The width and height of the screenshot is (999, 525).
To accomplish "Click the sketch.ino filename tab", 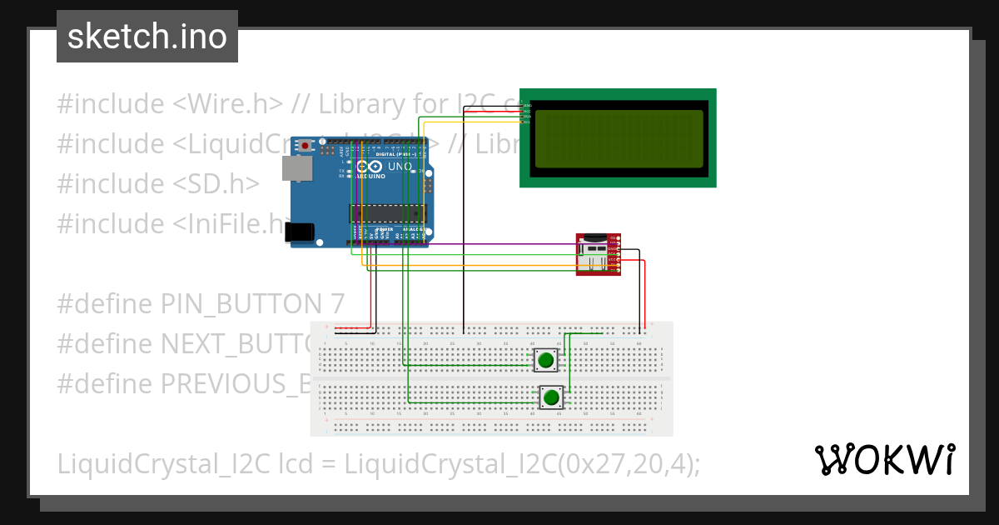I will click(147, 37).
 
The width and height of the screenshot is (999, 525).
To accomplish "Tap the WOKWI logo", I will click(884, 459).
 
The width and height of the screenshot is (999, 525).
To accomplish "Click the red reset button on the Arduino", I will click(306, 146).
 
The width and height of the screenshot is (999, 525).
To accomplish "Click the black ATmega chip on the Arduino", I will click(387, 213).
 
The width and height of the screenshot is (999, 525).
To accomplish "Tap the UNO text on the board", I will click(400, 167).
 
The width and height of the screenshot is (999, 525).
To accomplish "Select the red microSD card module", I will click(599, 253).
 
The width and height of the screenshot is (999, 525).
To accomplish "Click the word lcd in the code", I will click(298, 463).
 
